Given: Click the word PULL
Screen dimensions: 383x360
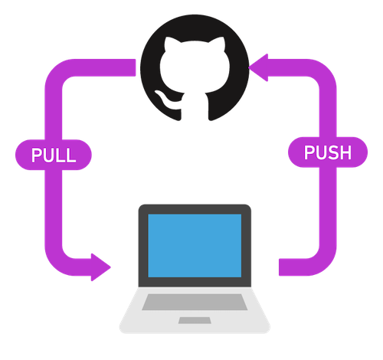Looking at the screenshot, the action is [54, 155].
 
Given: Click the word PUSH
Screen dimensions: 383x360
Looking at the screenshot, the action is [328, 152].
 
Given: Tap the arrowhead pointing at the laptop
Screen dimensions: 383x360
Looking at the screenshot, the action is [101, 267].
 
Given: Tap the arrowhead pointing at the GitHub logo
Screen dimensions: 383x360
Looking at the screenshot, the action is [258, 67].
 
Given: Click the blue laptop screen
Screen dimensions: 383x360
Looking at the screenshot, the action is [195, 246].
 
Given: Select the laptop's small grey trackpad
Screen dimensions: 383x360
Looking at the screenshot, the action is [195, 320].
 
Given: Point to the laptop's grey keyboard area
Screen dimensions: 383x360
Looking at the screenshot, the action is [195, 302].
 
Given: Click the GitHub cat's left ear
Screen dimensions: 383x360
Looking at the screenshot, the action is [171, 44].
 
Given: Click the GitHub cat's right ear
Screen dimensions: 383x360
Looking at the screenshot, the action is [218, 44].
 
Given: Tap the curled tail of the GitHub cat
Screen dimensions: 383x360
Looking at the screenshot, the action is [166, 100].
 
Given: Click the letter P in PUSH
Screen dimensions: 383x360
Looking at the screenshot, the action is [309, 152].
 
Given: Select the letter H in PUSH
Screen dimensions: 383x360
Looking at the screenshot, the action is [345, 152].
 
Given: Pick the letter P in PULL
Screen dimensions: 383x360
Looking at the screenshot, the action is [37, 155].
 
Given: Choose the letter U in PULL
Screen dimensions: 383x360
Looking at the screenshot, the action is [48, 155].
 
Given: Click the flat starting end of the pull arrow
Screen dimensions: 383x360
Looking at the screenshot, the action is [135, 67].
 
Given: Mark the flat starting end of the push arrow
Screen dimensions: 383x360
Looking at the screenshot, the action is [280, 267].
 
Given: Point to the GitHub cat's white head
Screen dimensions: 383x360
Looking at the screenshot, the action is [195, 66].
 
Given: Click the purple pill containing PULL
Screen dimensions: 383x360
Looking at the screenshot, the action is [54, 155].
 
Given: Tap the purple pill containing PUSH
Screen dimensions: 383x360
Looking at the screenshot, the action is [328, 152].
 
